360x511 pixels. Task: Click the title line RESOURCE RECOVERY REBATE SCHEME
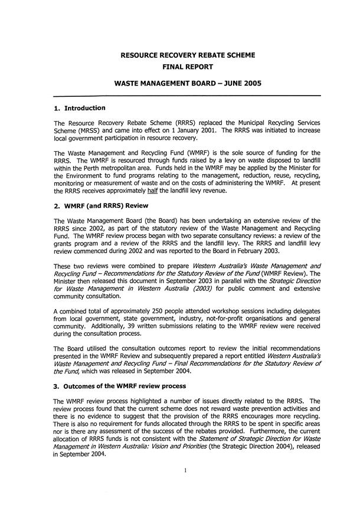[187, 55]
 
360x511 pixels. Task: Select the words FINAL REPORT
[187, 67]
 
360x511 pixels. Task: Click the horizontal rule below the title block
[187, 96]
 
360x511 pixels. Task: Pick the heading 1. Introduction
[79, 109]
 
